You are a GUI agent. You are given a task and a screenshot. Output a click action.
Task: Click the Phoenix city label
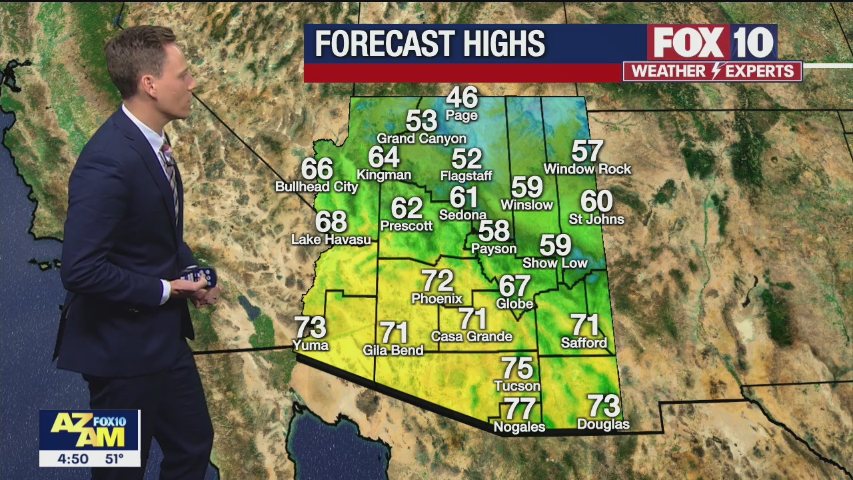437,299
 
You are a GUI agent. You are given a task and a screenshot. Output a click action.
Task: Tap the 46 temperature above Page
462,98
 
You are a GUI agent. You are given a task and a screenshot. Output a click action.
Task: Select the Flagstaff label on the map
466,176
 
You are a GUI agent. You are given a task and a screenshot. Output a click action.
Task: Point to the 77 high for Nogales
520,408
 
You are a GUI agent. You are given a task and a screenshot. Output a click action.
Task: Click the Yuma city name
311,345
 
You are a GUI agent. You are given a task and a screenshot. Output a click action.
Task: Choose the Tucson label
517,386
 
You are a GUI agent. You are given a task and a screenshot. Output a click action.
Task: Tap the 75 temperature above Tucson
517,368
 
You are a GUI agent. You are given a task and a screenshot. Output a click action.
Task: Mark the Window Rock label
587,169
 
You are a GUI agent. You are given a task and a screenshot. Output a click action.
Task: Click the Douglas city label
603,425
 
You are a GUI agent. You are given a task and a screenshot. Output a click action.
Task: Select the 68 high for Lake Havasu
331,221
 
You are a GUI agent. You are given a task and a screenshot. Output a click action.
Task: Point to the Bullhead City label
317,187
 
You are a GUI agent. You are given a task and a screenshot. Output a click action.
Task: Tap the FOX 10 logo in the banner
712,43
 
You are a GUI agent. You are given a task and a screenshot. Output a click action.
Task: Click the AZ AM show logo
89,430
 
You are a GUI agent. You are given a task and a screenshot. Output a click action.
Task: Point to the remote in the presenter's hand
201,277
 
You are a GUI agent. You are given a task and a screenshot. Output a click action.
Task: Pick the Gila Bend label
393,350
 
